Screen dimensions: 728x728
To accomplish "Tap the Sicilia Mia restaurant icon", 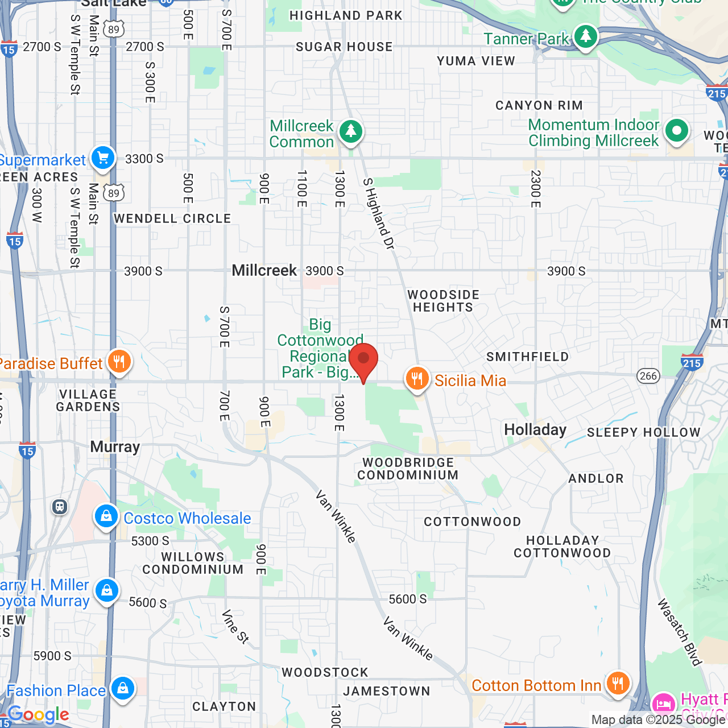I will [x=417, y=379].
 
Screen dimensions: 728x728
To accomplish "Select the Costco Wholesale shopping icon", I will [x=106, y=517].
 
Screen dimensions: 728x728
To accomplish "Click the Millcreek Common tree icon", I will [x=351, y=132].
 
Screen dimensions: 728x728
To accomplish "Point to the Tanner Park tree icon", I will [x=585, y=37].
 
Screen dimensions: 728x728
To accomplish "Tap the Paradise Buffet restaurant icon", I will [x=119, y=362].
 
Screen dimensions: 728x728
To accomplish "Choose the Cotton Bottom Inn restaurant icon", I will [x=618, y=683].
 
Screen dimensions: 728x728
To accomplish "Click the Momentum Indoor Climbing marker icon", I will [x=676, y=131].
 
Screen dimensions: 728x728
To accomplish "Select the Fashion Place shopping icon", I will [x=122, y=689].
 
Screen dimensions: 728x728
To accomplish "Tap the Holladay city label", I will [x=535, y=430].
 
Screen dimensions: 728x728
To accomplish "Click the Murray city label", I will [x=115, y=447].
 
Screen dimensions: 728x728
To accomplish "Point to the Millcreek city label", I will [x=264, y=271].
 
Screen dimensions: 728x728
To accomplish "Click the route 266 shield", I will [x=648, y=375].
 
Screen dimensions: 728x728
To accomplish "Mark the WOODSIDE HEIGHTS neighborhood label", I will [x=443, y=301].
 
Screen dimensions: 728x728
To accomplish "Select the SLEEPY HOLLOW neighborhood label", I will [x=643, y=433].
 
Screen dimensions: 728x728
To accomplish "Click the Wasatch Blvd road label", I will [x=679, y=631].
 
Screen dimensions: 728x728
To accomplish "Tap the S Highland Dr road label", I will [x=379, y=214].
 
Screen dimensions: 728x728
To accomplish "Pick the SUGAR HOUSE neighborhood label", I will [x=344, y=47].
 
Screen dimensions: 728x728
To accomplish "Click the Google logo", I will [x=39, y=714].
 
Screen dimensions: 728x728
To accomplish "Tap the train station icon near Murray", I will [x=60, y=507].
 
